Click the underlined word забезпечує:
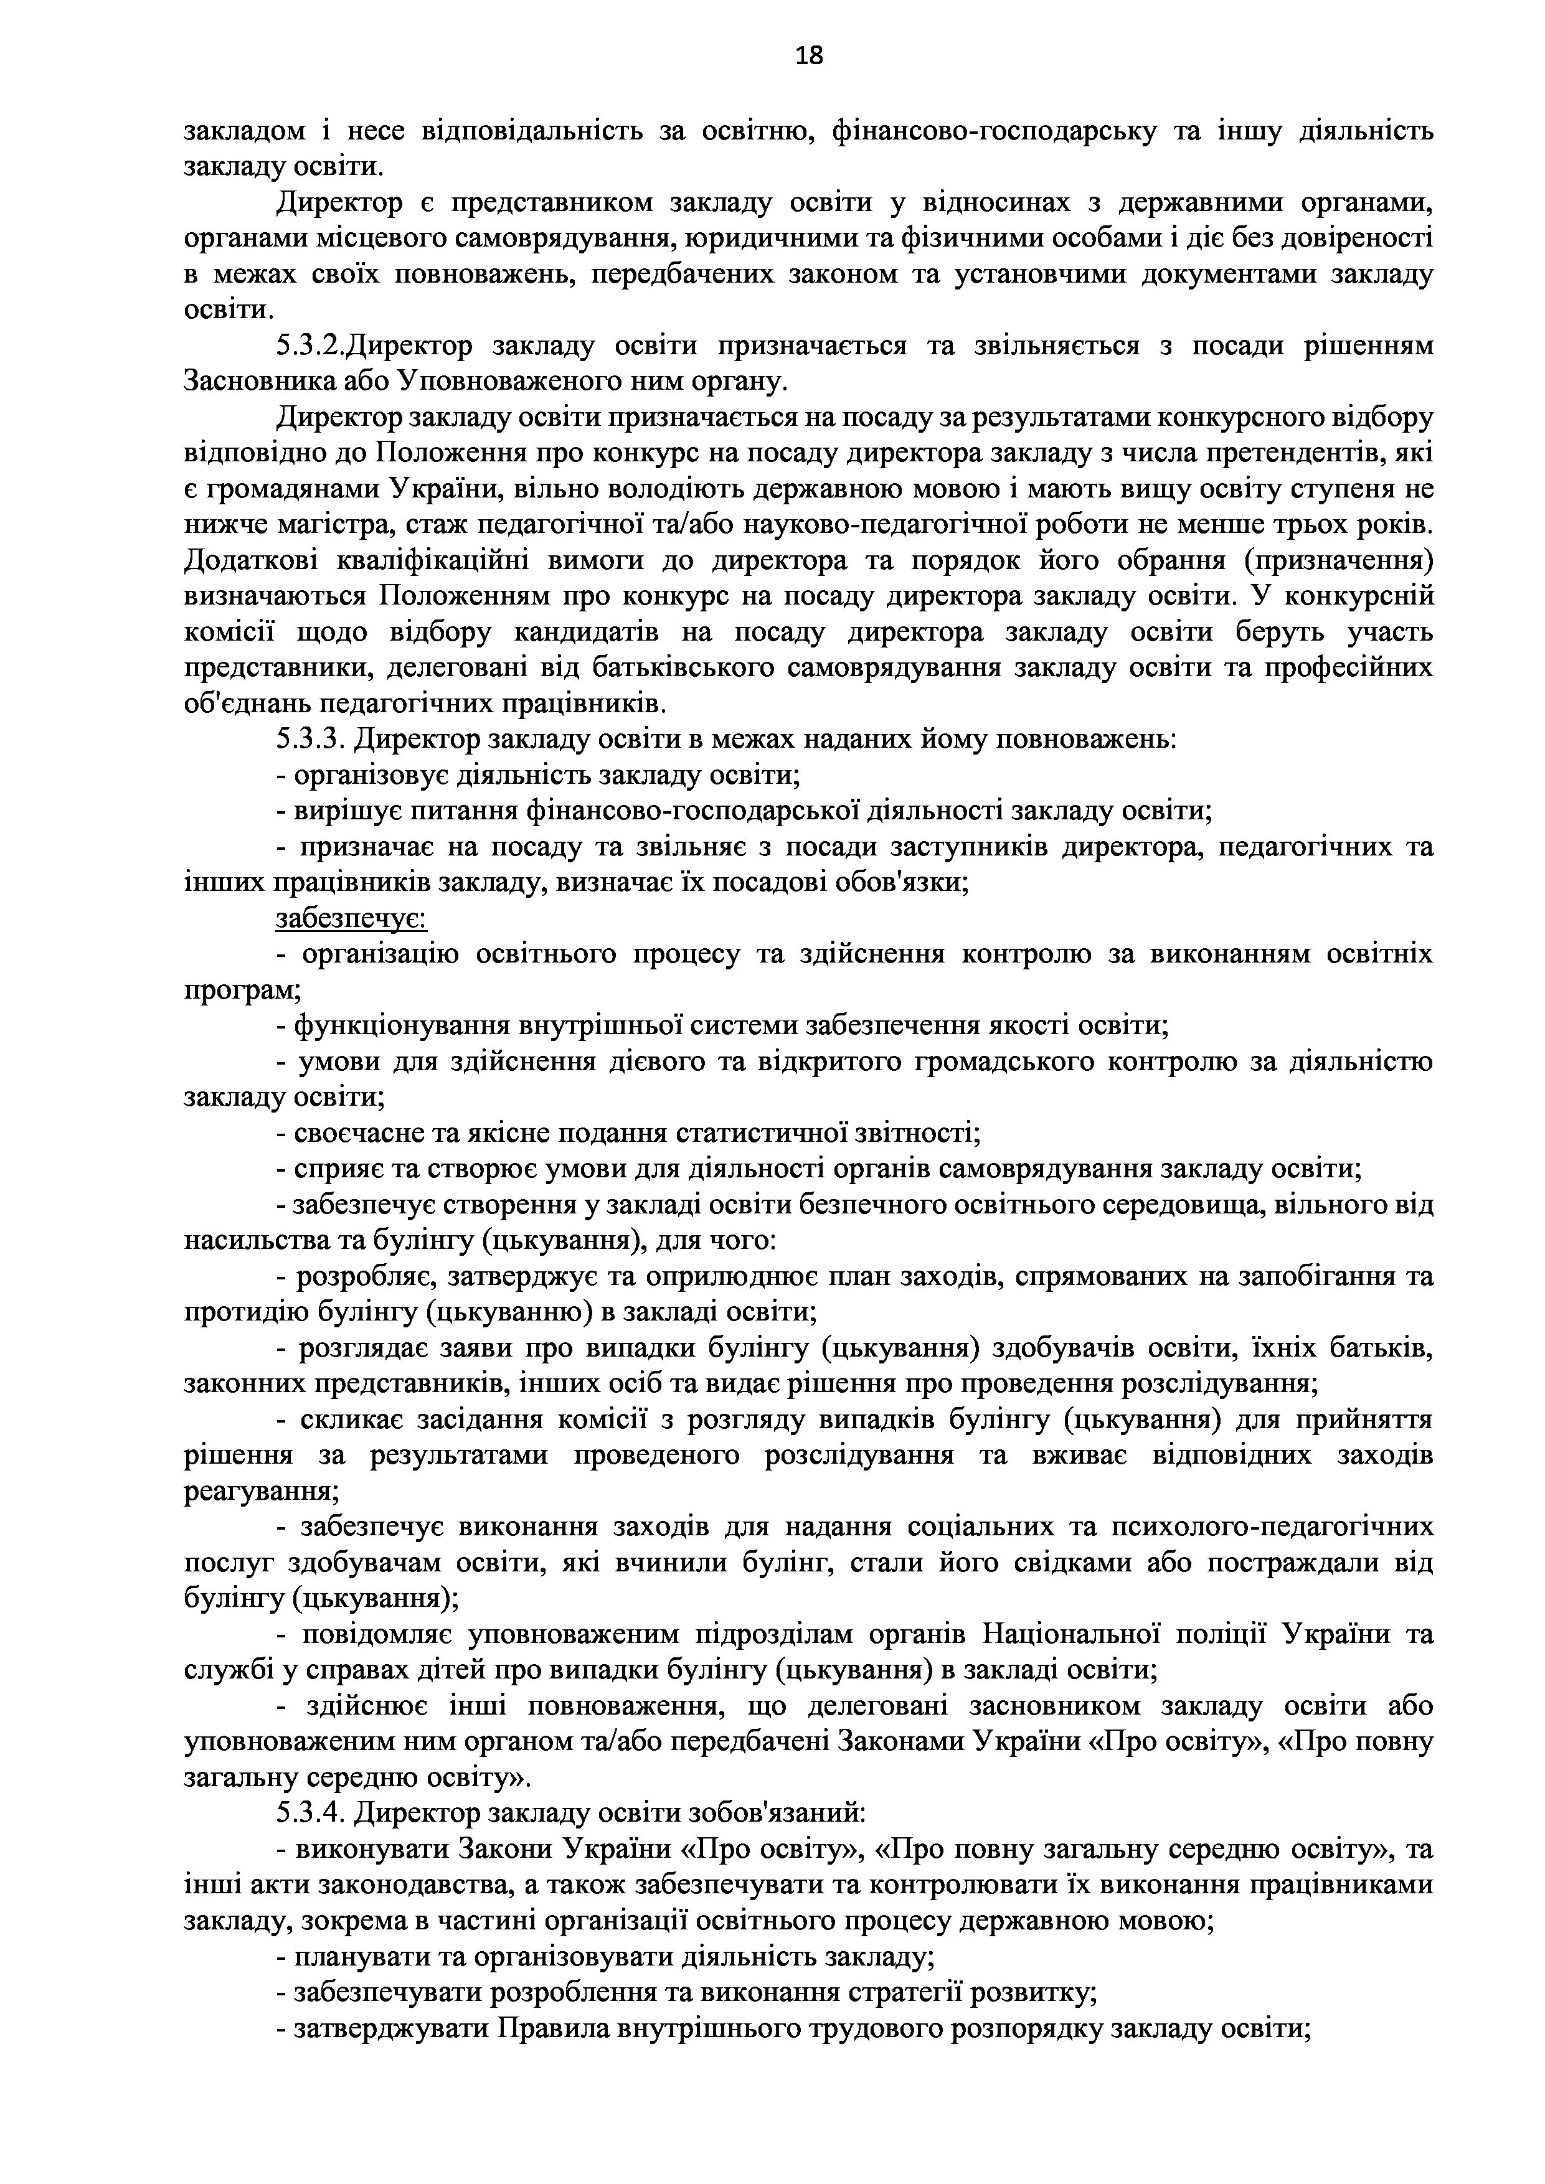click(x=351, y=919)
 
